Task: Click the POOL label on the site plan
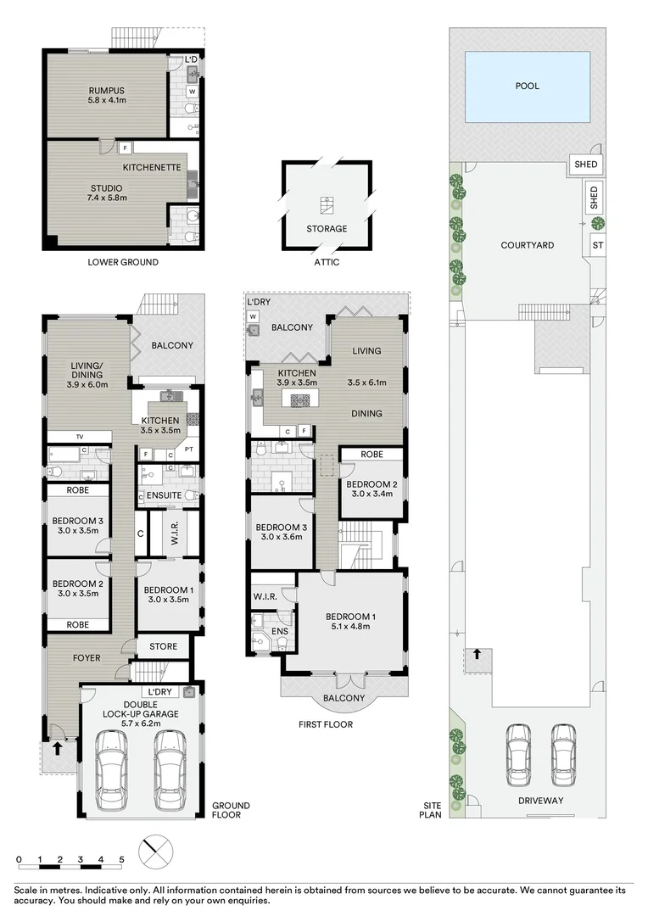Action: coord(527,86)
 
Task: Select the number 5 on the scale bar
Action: coord(121,860)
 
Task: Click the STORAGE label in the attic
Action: coord(327,228)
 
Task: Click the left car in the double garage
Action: coord(113,770)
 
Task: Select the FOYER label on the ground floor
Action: coord(86,657)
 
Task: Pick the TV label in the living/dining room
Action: coord(80,437)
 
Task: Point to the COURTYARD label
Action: coord(527,245)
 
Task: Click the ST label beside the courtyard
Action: coord(597,245)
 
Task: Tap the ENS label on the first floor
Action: coord(279,631)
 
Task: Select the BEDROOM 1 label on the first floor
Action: coord(349,617)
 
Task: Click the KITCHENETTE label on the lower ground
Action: coord(152,167)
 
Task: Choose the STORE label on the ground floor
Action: coord(164,646)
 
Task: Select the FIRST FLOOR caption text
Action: coord(326,724)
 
